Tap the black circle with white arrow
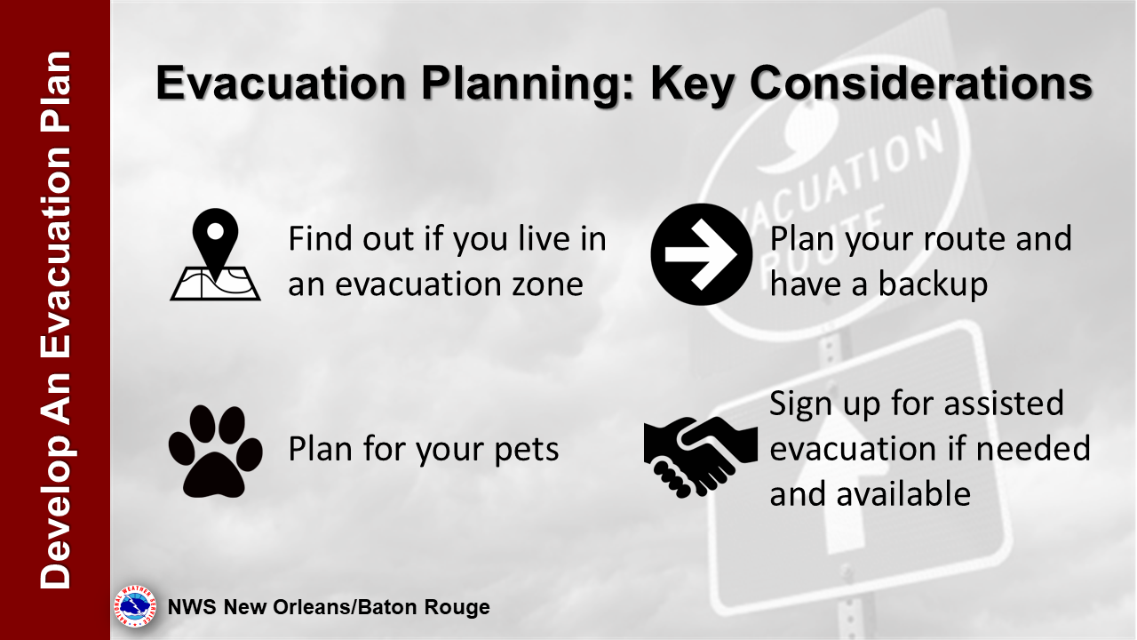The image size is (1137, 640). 702,254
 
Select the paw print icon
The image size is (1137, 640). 215,451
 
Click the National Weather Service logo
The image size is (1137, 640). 135,606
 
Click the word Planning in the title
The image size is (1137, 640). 528,84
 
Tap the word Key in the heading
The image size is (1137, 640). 692,84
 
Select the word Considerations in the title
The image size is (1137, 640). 921,83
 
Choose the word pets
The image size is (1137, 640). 527,450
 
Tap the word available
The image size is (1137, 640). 903,493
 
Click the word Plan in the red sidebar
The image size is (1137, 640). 56,92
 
